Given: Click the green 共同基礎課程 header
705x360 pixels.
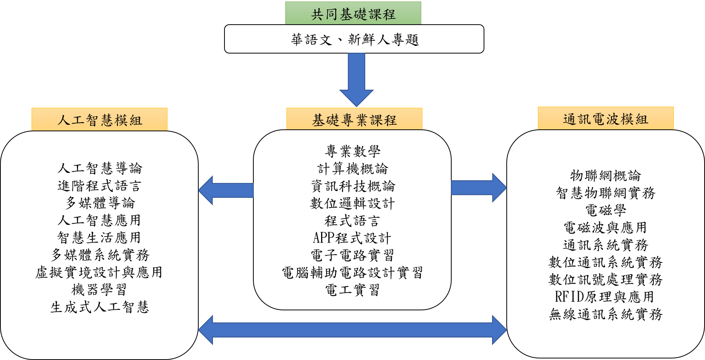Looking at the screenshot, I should tap(353, 14).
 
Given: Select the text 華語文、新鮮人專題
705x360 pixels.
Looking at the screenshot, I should tap(354, 39).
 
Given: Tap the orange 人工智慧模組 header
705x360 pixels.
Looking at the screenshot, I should tap(100, 120).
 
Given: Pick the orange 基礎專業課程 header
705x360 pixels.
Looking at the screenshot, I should tap(354, 120).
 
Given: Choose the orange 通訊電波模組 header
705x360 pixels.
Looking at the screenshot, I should tap(605, 119).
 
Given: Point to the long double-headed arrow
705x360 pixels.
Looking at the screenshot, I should tap(352, 330).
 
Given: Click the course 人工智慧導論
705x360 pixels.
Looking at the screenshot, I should tap(100, 168).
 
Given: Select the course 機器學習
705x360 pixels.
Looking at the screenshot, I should tap(99, 290).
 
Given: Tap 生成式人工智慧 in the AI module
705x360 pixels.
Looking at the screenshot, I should tap(100, 307).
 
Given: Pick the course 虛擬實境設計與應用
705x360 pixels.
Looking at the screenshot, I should tap(99, 272).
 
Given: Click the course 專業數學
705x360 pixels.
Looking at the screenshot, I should tap(353, 151).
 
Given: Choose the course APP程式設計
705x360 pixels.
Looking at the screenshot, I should tap(352, 238).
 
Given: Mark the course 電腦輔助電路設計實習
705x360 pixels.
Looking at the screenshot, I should tap(352, 273).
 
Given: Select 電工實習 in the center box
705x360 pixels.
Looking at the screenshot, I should tap(352, 290).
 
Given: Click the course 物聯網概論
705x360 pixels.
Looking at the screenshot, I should tap(605, 176).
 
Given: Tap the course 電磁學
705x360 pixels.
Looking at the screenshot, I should tap(605, 210).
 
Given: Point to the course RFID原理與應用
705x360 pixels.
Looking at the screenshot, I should tap(605, 297).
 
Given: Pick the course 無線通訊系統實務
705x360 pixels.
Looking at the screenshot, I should tap(605, 314).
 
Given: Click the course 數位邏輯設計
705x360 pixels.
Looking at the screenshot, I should tap(352, 203).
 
